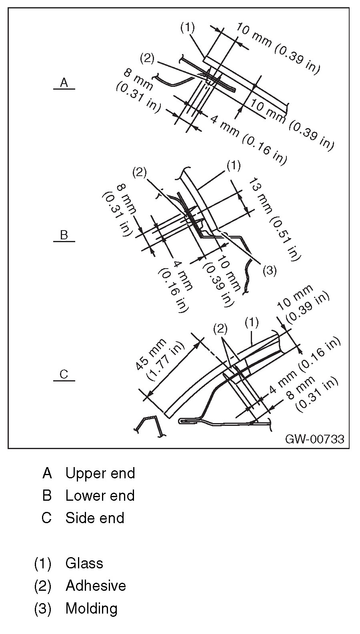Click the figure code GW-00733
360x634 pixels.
click(314, 439)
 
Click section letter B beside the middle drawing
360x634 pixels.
click(64, 235)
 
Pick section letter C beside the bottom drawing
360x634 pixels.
click(64, 374)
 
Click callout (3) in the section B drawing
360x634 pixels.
click(270, 271)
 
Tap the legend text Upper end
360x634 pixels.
click(100, 473)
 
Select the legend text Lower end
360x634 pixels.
click(100, 496)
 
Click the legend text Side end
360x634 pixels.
click(95, 518)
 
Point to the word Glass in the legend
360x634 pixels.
click(84, 563)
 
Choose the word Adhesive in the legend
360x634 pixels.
click(96, 586)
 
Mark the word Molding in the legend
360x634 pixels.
click(92, 608)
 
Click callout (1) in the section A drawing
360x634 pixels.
click(187, 27)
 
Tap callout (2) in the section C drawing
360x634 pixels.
click(220, 329)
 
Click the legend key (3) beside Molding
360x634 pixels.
click(43, 608)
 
